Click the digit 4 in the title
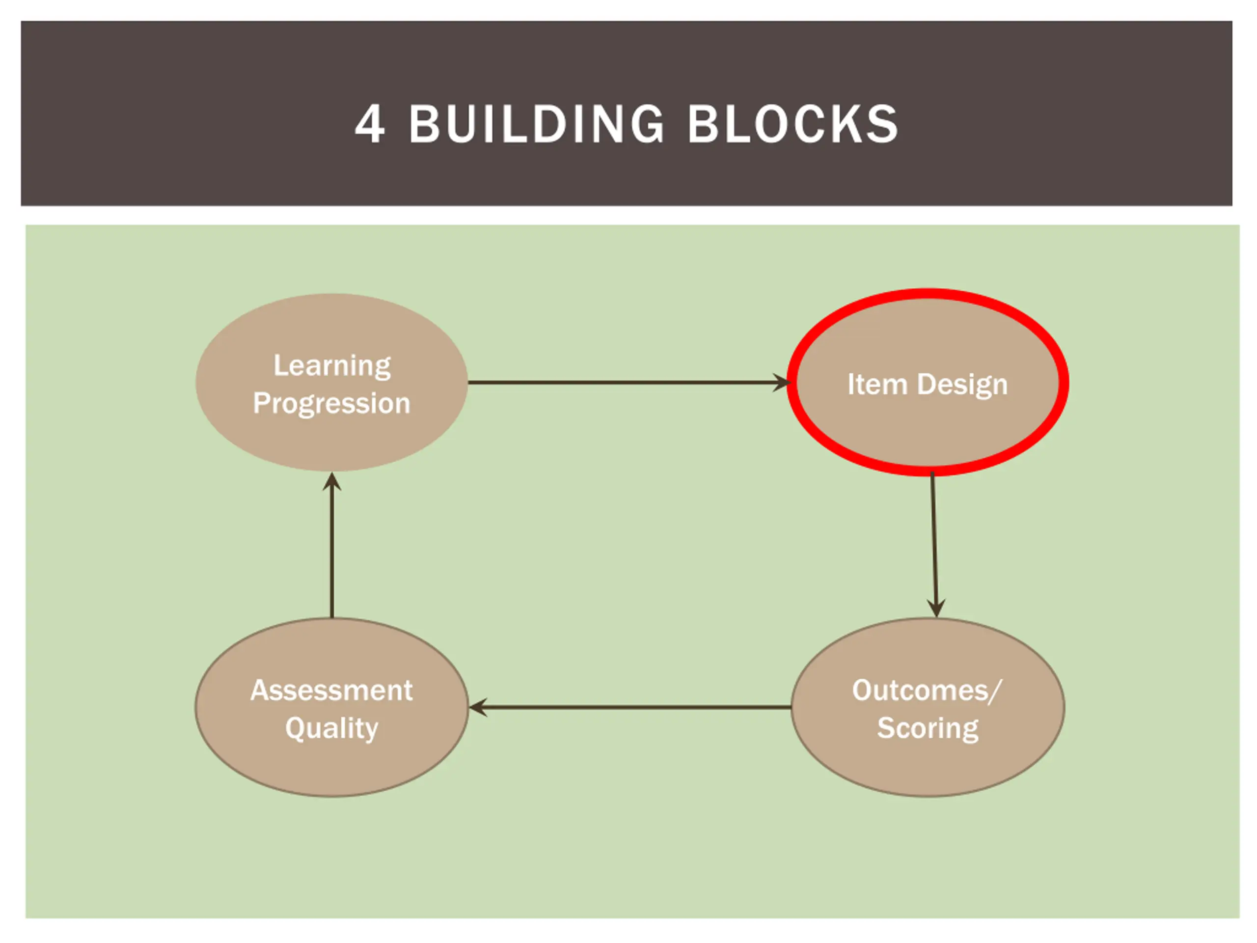pos(370,124)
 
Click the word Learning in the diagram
pos(332,365)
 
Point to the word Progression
pos(332,404)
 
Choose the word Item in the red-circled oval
pos(877,384)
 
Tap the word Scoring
pos(928,728)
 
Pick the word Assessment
pos(332,691)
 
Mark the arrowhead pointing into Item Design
pos(782,383)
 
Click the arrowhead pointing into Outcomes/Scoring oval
pos(936,608)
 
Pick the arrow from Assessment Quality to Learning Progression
pos(332,552)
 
